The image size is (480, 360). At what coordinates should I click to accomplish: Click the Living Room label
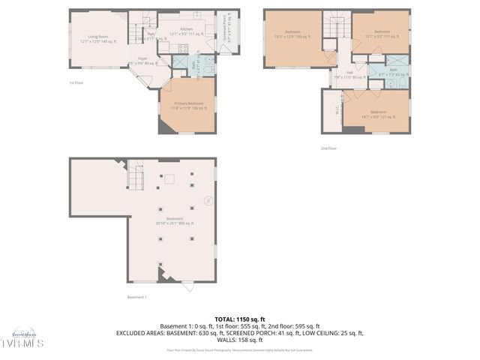coord(98,37)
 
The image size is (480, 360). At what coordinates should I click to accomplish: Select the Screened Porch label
coord(227,29)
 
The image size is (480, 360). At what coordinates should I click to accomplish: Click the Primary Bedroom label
coord(188,106)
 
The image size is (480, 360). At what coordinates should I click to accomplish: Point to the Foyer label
coord(141,61)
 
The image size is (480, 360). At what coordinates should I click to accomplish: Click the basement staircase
coord(135,175)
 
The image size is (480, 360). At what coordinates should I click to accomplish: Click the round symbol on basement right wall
coord(208,200)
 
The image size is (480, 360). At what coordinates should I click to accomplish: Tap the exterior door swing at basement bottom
coord(187,286)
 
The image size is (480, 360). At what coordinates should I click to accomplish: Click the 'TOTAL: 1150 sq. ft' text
coord(239,319)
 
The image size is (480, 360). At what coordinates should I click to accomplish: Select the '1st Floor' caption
coord(76,82)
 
